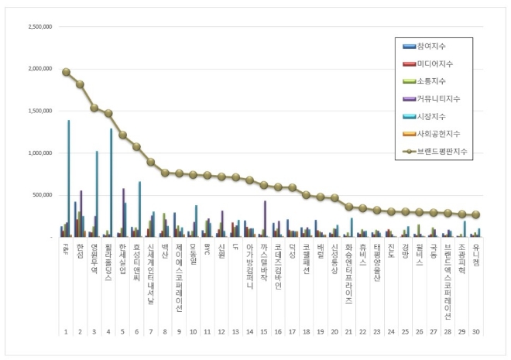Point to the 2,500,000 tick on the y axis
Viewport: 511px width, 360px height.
tap(39, 26)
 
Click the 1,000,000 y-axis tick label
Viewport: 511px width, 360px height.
tap(39, 153)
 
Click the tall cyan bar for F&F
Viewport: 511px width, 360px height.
tap(68, 178)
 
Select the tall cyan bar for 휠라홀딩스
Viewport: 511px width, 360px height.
tap(111, 183)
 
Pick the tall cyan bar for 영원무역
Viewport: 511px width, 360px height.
tap(97, 194)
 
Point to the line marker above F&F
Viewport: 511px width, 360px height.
tap(66, 72)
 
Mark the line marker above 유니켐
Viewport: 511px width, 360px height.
tap(476, 215)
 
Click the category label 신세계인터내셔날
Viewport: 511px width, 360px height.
tap(151, 270)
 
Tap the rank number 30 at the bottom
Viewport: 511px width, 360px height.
tap(476, 331)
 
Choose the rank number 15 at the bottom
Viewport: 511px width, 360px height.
tap(264, 331)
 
